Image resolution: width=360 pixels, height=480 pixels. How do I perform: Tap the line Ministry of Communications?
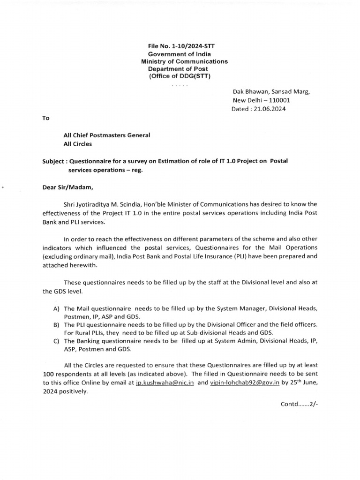184,61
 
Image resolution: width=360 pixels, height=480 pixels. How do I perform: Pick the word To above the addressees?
46,118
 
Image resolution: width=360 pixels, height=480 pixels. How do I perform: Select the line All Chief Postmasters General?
107,135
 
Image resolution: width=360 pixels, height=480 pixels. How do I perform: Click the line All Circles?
78,144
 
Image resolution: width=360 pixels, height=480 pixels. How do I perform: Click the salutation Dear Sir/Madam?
68,188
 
